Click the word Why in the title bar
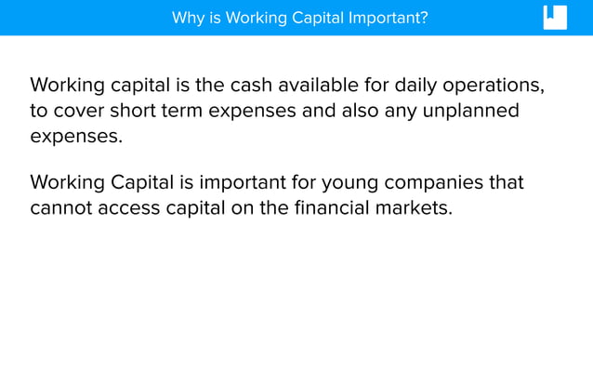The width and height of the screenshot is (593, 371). tap(187, 18)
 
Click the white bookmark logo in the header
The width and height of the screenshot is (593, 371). tap(555, 18)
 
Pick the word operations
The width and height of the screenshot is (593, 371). tap(494, 86)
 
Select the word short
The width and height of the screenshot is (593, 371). tap(139, 112)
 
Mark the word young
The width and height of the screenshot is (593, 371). tap(349, 182)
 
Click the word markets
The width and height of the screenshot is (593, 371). tap(416, 207)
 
